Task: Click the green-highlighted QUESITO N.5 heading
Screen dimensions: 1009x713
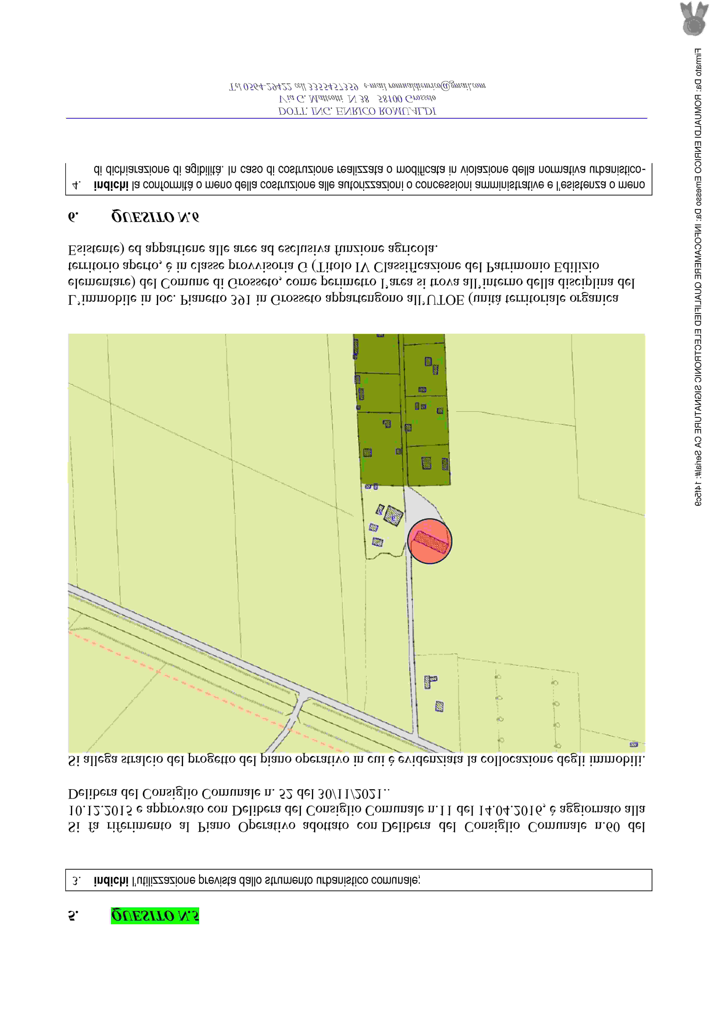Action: pyautogui.click(x=155, y=915)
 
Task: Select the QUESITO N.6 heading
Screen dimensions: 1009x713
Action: pyautogui.click(x=155, y=217)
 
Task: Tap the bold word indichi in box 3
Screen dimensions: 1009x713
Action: pyautogui.click(x=111, y=880)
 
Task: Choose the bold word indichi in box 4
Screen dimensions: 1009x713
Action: pyautogui.click(x=111, y=185)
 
